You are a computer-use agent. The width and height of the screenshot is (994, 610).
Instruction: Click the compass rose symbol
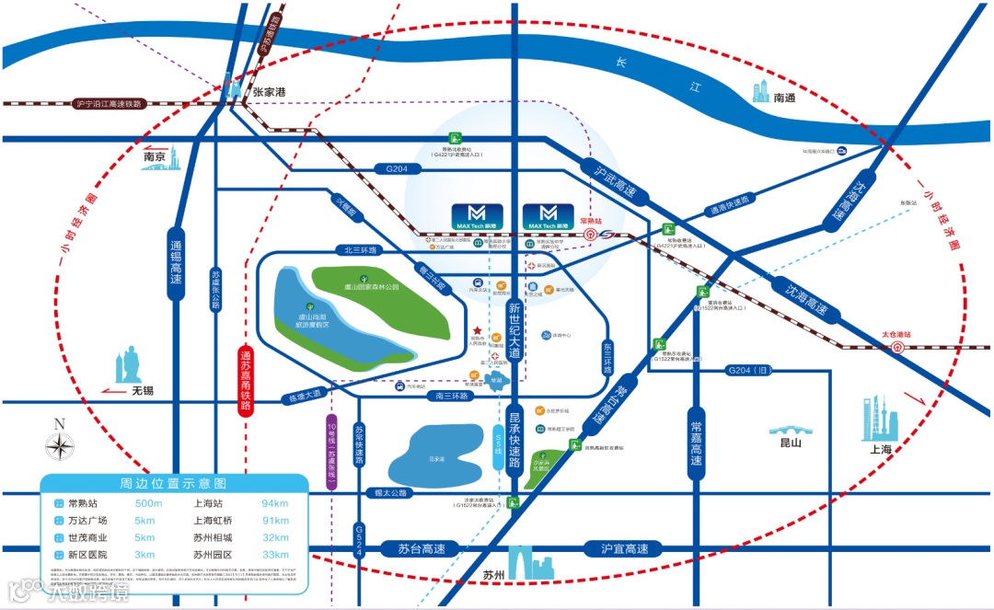tap(60, 445)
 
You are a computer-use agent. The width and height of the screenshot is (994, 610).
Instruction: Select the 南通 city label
tap(784, 97)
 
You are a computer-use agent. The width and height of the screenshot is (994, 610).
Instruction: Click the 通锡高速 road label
tap(176, 262)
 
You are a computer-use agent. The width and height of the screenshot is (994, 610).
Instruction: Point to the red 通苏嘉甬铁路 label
tap(246, 380)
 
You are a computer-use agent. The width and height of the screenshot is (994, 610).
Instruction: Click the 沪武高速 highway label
tap(608, 181)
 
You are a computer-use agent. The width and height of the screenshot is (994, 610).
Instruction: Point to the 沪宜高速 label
tap(623, 549)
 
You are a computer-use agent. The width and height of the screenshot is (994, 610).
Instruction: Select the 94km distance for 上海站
tap(274, 503)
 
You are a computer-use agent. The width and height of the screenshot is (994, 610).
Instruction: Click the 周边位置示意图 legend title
tap(173, 483)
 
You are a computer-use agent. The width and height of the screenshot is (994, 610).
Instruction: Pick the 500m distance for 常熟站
tap(148, 503)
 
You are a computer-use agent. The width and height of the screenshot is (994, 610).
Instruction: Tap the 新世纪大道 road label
tap(514, 330)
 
